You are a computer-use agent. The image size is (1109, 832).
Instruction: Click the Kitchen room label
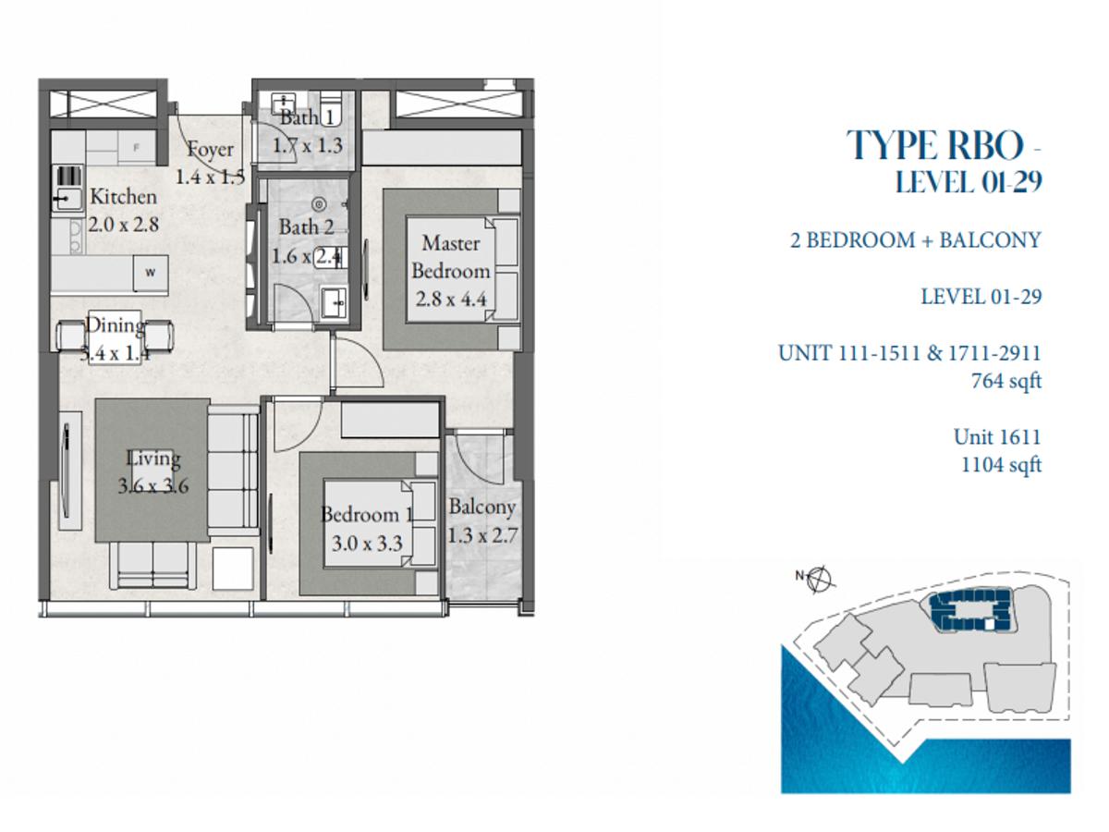click(123, 197)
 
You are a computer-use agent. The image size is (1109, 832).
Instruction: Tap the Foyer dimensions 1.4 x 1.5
click(210, 177)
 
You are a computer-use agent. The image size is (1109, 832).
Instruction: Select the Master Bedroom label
click(451, 257)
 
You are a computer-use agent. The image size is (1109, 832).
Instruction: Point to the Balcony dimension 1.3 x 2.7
click(482, 535)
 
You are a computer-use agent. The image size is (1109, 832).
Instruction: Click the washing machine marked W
click(151, 274)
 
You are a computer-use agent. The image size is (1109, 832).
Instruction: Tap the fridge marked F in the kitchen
click(136, 148)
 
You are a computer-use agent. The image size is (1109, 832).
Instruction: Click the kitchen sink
click(67, 199)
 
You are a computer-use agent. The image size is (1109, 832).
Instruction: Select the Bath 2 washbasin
click(334, 302)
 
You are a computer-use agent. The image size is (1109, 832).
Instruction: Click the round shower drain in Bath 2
click(318, 204)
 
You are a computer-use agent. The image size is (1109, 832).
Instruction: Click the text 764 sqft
click(1005, 382)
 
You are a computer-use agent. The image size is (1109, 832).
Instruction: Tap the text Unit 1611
click(997, 437)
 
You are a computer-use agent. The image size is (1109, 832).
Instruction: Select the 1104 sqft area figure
click(1001, 465)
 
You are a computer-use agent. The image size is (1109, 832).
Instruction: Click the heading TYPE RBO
click(935, 145)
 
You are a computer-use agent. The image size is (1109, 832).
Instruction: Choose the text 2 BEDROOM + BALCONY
click(916, 240)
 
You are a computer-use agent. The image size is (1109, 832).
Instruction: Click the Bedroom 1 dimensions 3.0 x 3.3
click(367, 544)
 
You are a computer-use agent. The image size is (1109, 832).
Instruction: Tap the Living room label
click(153, 459)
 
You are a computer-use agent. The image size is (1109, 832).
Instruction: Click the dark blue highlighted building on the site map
click(965, 610)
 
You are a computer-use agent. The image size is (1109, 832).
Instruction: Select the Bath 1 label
click(307, 117)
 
